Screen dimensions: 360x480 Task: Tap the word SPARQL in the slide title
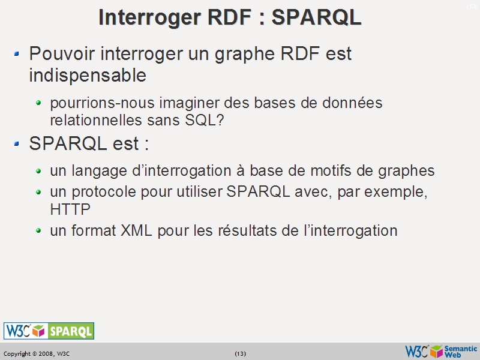(x=317, y=17)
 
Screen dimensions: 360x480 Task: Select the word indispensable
(x=88, y=76)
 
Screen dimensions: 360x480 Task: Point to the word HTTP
(x=70, y=209)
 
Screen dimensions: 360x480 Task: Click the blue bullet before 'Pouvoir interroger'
(x=17, y=54)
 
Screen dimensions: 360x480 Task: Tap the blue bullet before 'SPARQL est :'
(x=17, y=144)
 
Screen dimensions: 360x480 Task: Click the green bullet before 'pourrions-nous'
(x=39, y=103)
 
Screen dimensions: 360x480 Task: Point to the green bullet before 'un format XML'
(x=39, y=230)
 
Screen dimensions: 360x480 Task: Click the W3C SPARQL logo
(x=49, y=331)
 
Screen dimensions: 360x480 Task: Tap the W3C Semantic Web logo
(x=442, y=351)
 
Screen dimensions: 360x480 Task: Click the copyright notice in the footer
(x=37, y=354)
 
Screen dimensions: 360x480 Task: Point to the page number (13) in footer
(x=240, y=354)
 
